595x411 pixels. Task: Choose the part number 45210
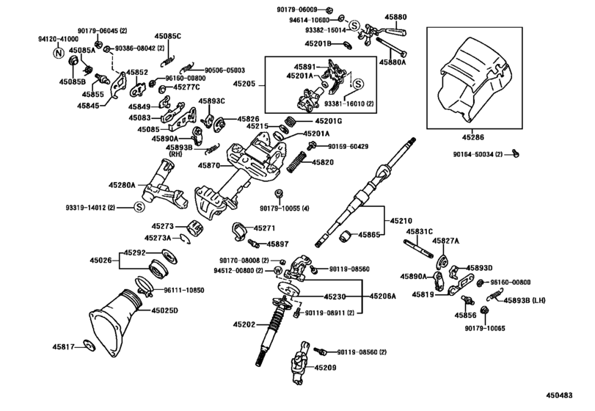tap(401, 220)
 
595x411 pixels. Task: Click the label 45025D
tap(167, 310)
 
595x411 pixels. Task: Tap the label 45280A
tap(123, 186)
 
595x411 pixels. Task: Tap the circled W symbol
tap(277, 271)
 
